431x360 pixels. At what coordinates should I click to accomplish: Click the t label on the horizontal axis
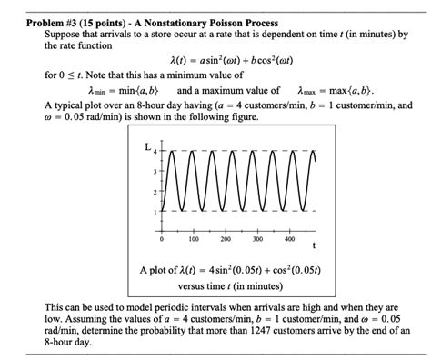click(314, 245)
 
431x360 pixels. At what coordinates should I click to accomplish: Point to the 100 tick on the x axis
click(194, 240)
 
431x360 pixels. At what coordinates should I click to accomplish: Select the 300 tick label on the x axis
click(257, 240)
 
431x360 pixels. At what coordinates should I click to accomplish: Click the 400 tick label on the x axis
click(289, 240)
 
